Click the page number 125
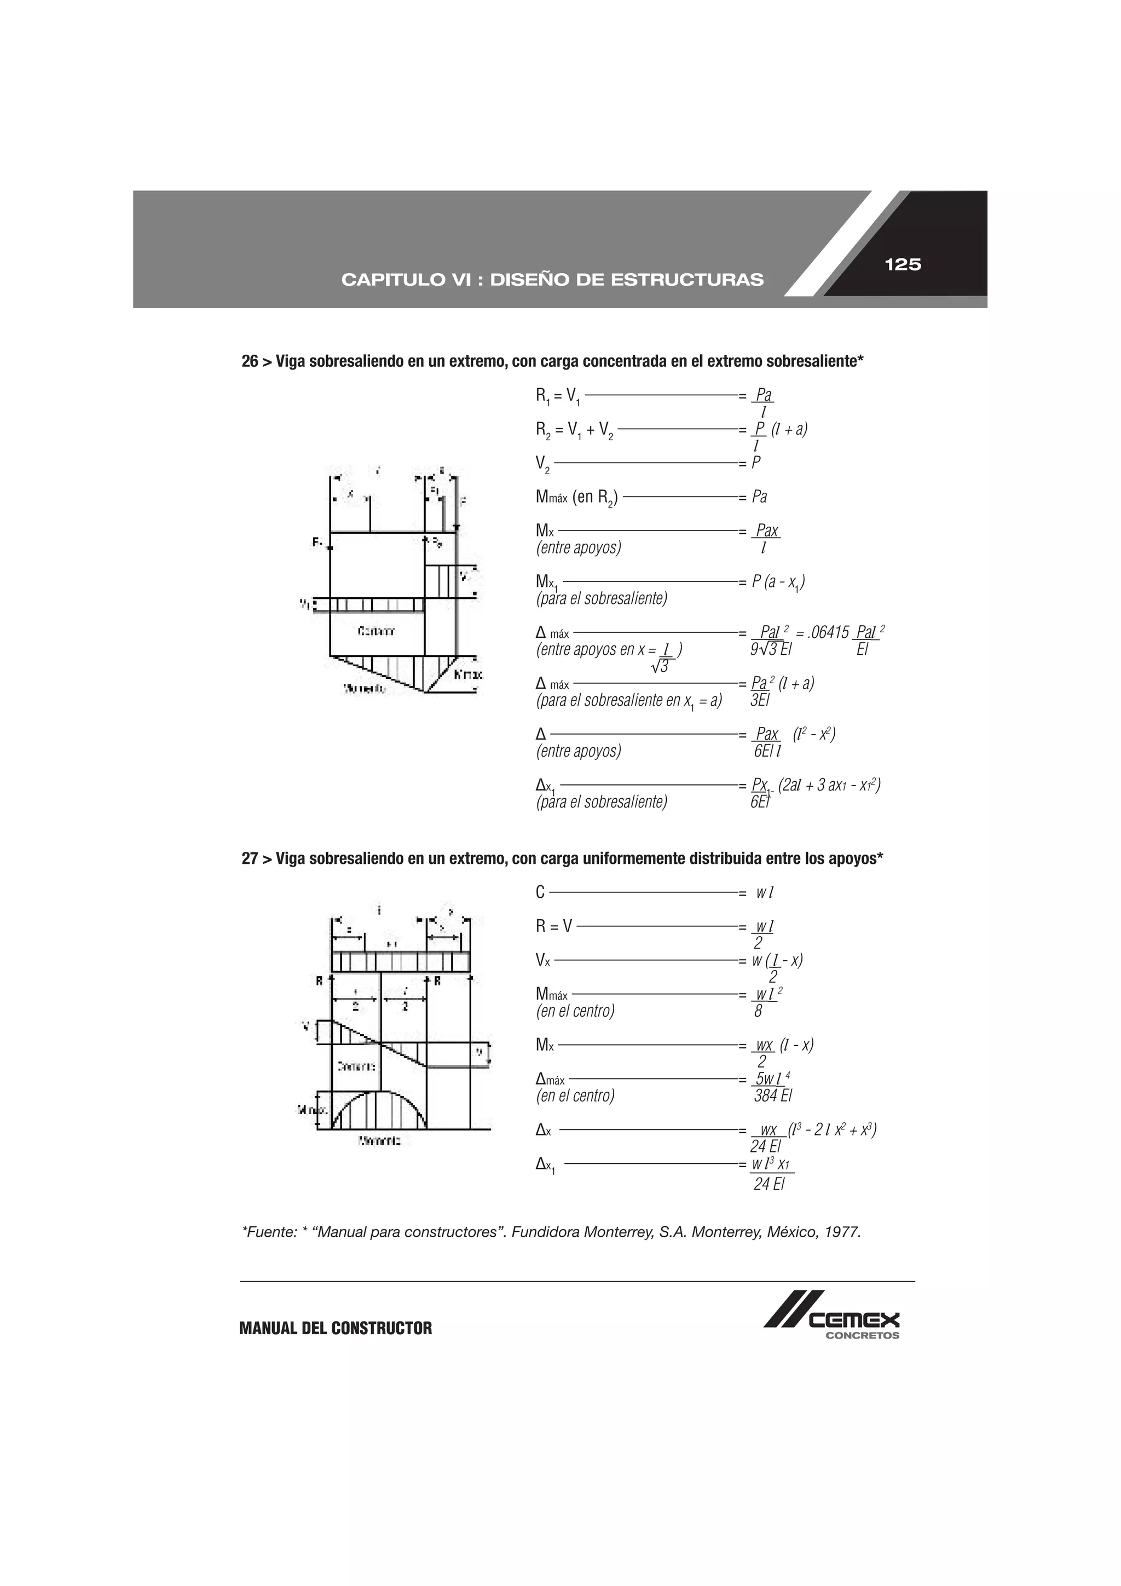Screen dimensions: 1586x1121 [903, 264]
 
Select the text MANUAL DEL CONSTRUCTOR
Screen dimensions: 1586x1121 [335, 1328]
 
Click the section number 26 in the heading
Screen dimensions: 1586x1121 [250, 361]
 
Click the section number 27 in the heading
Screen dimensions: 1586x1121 [250, 858]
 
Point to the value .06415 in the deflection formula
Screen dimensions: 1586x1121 [826, 633]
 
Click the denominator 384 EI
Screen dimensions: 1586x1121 [773, 1095]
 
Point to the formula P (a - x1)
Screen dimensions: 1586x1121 [778, 583]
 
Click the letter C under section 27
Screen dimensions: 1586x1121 [540, 892]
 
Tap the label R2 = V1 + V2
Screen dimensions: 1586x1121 [575, 430]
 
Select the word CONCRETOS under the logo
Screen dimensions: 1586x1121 [862, 1335]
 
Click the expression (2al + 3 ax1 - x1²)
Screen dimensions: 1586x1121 [829, 786]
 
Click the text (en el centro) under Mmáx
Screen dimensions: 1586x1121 [575, 1011]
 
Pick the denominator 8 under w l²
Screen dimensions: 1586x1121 [759, 1011]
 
